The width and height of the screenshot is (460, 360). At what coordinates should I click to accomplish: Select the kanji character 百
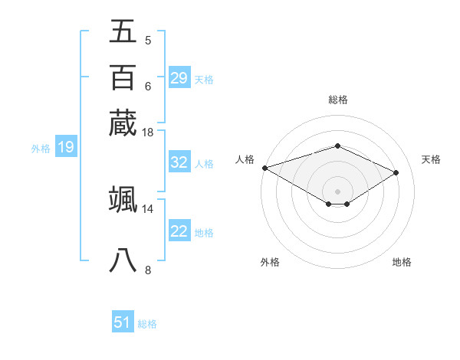pyautogui.click(x=123, y=77)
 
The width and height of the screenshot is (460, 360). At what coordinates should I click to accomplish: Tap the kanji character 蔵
pyautogui.click(x=123, y=123)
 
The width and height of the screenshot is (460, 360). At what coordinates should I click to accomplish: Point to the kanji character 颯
pyautogui.click(x=123, y=199)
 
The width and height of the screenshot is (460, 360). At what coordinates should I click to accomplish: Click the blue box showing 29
pyautogui.click(x=179, y=78)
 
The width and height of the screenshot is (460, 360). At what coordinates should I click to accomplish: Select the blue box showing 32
pyautogui.click(x=179, y=162)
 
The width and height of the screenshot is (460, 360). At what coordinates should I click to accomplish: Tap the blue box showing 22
pyautogui.click(x=179, y=231)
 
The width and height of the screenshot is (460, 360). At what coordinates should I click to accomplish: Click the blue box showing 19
pyautogui.click(x=65, y=147)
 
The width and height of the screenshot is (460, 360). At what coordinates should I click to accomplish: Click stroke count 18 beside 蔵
pyautogui.click(x=148, y=132)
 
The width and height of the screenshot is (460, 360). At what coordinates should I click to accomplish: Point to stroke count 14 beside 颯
pyautogui.click(x=148, y=208)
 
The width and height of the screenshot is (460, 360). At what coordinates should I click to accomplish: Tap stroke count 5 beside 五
pyautogui.click(x=147, y=40)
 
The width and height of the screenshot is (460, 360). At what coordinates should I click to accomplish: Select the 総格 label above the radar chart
pyautogui.click(x=337, y=100)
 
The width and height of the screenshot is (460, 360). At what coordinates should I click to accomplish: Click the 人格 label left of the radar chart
pyautogui.click(x=245, y=159)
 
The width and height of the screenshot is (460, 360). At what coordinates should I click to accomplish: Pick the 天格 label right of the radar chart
pyautogui.click(x=432, y=159)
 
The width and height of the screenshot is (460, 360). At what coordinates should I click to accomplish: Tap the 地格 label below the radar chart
pyautogui.click(x=402, y=262)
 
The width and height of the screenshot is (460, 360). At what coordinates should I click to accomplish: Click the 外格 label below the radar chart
pyautogui.click(x=270, y=262)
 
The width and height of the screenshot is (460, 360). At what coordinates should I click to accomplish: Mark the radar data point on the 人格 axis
pyautogui.click(x=264, y=168)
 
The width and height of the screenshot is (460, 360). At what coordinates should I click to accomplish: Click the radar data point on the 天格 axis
pyautogui.click(x=396, y=172)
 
